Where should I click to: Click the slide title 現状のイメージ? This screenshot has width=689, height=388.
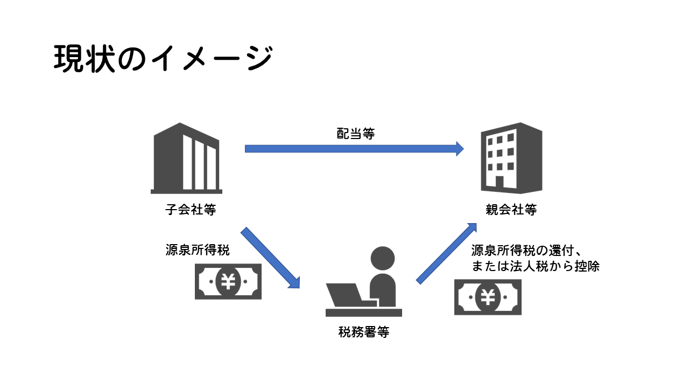[x=163, y=58]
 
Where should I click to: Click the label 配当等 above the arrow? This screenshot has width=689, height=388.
[x=355, y=134]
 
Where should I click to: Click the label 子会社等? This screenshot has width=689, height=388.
[x=191, y=210]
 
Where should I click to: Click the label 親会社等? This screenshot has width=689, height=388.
[x=511, y=210]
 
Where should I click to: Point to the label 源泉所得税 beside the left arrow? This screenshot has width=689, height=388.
[x=197, y=251]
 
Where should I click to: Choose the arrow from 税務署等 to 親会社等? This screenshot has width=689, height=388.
[x=447, y=253]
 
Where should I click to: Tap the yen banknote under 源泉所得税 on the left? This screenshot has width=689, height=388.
[x=228, y=281]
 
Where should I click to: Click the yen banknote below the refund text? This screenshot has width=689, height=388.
[x=488, y=297]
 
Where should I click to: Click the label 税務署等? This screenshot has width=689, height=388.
[x=364, y=332]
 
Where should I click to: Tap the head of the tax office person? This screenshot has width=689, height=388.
[x=383, y=258]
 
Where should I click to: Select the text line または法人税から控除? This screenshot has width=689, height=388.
[x=535, y=266]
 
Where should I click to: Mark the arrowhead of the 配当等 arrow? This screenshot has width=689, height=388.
[x=460, y=148]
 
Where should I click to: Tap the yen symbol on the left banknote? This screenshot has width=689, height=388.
[x=228, y=281]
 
